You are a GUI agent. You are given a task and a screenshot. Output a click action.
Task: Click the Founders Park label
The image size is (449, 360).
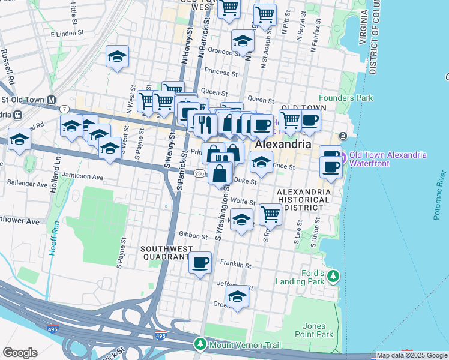point(346,98)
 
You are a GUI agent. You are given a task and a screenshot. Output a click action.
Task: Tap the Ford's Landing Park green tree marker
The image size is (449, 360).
point(333,277)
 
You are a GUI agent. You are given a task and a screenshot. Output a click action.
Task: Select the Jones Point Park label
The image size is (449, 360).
point(315,329)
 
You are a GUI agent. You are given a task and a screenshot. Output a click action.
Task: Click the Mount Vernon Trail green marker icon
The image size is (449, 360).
point(199,344)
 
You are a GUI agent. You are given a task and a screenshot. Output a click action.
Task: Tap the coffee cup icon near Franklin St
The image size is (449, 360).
point(200,262)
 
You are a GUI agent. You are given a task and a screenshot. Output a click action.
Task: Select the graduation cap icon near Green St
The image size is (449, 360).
point(237,296)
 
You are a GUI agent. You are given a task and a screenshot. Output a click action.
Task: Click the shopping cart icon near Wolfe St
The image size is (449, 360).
point(271,214)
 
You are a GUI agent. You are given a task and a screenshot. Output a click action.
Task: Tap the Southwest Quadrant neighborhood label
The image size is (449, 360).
point(166,253)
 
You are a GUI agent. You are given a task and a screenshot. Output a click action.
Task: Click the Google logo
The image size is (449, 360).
point(20,353)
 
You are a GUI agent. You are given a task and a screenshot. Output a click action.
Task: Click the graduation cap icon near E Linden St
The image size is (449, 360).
point(118,56)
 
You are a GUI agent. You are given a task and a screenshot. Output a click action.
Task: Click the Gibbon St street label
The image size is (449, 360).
point(192,236)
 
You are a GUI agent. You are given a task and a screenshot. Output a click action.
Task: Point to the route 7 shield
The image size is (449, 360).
point(64,109)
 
